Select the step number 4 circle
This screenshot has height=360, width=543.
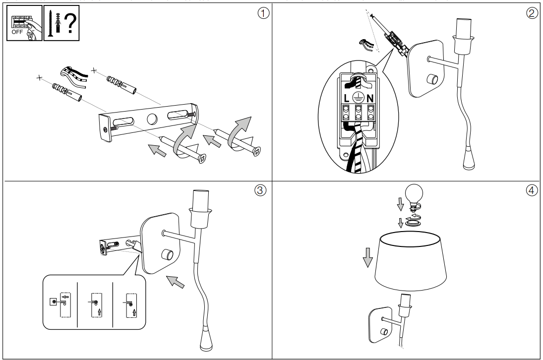[533, 190]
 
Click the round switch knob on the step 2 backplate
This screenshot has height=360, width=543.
[432, 79]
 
